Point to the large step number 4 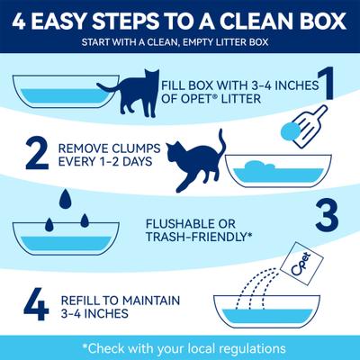point(35,303)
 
